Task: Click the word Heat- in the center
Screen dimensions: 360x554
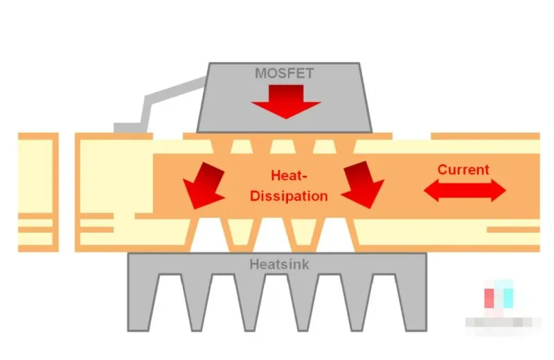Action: (x=288, y=177)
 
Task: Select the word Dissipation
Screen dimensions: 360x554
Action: (x=289, y=195)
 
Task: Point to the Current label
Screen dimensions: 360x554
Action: (x=463, y=170)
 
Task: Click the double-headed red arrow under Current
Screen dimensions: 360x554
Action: (x=465, y=190)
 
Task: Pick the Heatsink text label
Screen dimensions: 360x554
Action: (x=276, y=264)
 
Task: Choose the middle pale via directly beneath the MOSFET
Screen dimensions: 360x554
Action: (x=283, y=146)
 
